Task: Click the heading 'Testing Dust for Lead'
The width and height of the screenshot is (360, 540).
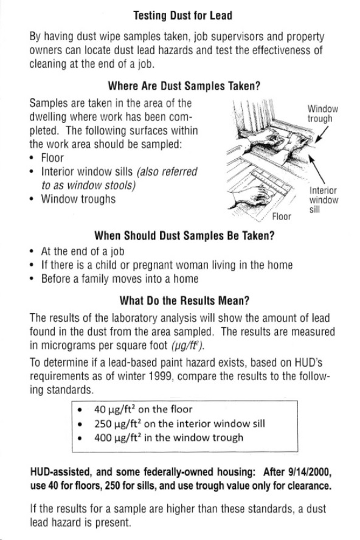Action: click(182, 16)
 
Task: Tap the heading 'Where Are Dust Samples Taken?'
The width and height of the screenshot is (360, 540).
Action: click(184, 86)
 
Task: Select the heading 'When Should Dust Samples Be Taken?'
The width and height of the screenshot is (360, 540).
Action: click(184, 236)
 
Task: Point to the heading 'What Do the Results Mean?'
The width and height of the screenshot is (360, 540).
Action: click(184, 300)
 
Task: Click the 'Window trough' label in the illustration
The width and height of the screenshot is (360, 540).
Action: click(323, 114)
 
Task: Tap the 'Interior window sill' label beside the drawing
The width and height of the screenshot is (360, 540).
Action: click(324, 200)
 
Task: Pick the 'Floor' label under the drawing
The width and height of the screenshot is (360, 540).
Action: click(282, 216)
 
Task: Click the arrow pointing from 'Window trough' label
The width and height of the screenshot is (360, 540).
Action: click(322, 134)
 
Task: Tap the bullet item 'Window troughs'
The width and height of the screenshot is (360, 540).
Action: click(78, 199)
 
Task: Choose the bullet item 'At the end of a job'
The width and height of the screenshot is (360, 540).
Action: click(83, 251)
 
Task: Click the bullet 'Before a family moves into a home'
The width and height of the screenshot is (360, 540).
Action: click(120, 279)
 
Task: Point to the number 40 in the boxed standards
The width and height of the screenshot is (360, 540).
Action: click(100, 409)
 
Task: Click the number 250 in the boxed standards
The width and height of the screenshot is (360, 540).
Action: click(103, 424)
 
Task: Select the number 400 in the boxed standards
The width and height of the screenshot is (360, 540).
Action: click(103, 438)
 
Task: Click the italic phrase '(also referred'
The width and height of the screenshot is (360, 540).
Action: click(167, 171)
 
